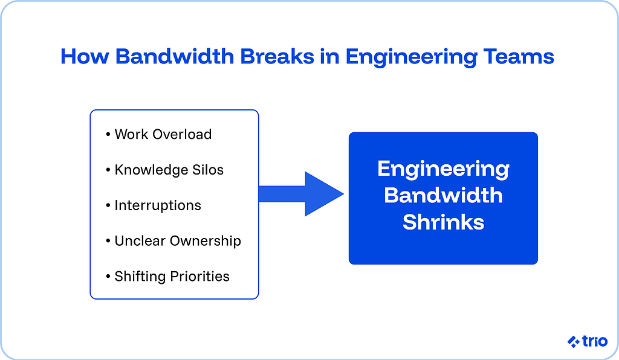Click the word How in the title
coord(84,57)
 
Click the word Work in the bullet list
coord(131,134)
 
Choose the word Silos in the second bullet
coord(207,170)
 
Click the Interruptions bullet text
coord(158,205)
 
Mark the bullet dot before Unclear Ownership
coord(108,242)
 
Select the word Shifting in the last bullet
coord(139,277)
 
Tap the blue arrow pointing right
coord(302,194)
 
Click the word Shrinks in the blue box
coord(443,222)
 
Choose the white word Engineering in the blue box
coord(443,169)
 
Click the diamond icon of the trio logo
coord(573,342)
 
